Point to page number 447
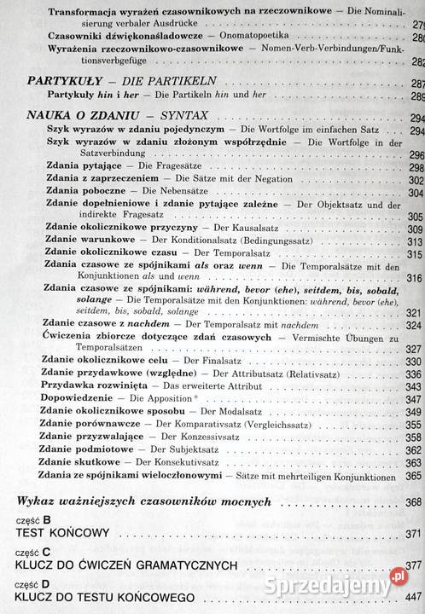(x=414, y=597)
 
